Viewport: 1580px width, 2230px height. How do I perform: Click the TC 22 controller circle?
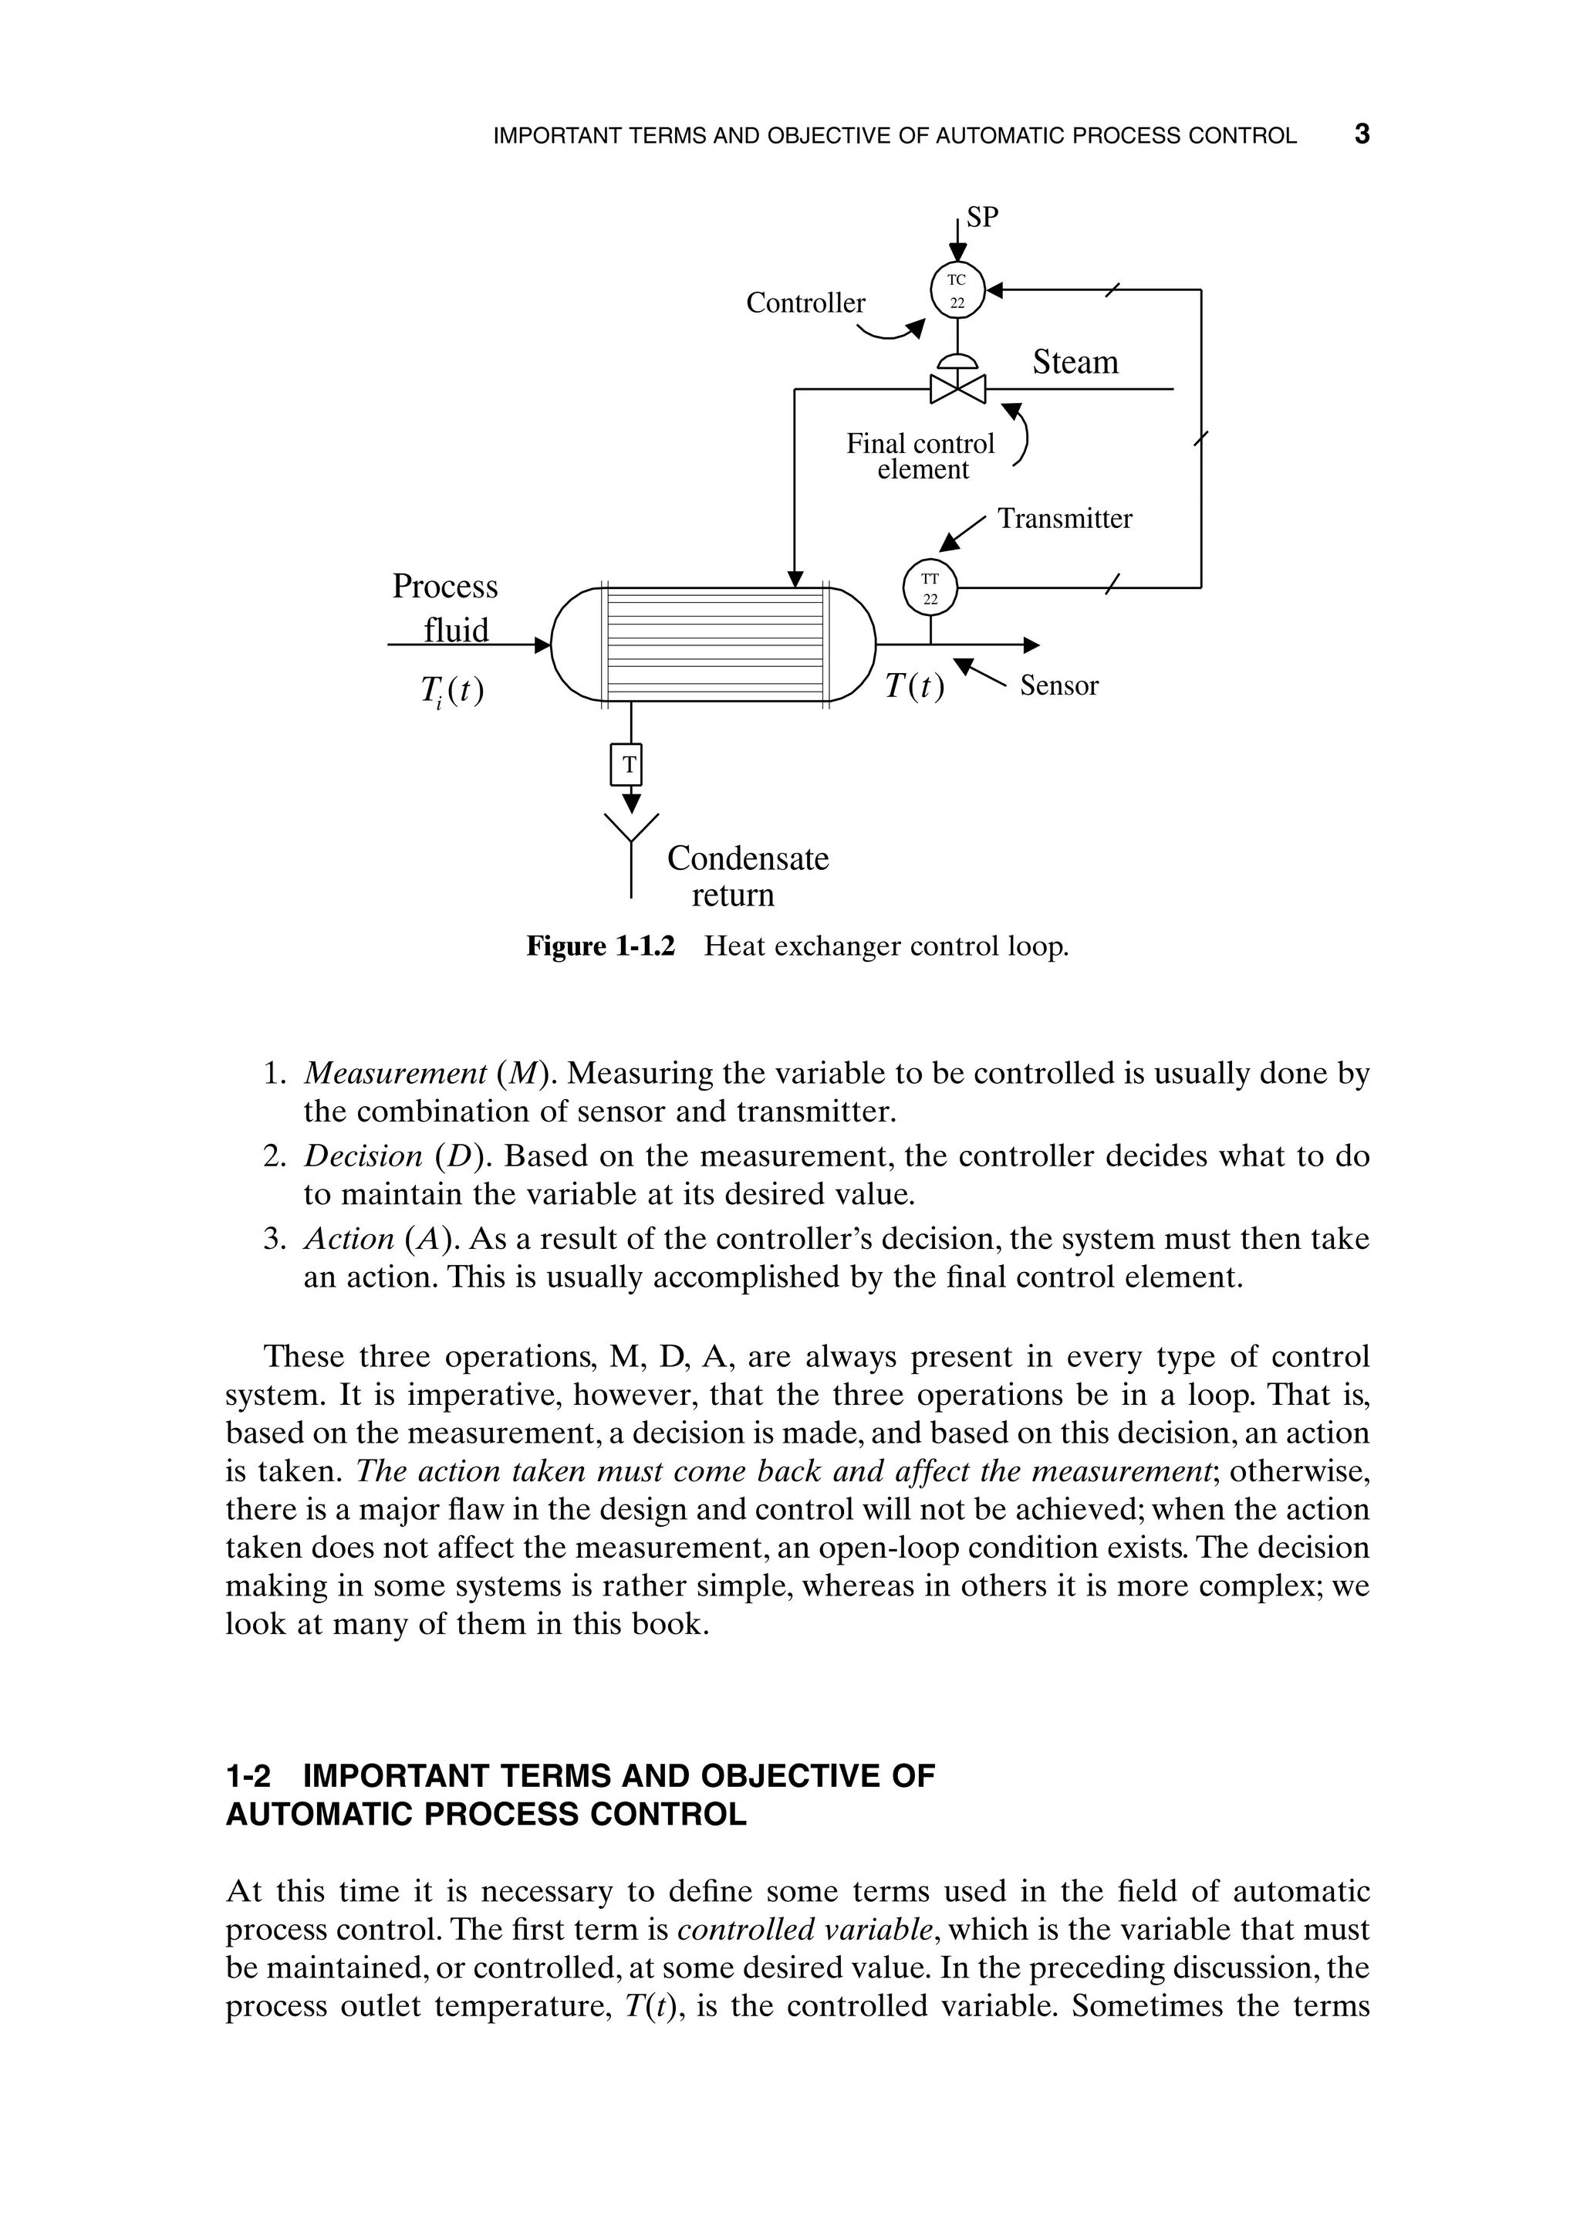[957, 290]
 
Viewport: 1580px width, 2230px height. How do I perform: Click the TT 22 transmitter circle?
[930, 588]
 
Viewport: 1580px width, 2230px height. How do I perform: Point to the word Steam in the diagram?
[1075, 362]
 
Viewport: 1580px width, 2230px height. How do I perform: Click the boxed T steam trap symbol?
[630, 764]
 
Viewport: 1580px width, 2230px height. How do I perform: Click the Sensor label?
[1058, 685]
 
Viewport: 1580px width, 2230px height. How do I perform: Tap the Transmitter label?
[1065, 519]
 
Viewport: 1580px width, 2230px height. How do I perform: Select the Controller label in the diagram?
[805, 303]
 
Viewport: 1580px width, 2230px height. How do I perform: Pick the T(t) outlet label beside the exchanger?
[914, 687]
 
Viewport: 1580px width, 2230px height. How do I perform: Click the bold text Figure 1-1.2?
[600, 946]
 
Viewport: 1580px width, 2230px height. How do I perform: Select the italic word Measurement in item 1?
[395, 1073]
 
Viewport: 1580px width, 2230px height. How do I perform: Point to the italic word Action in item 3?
[348, 1238]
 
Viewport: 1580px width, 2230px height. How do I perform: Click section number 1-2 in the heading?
[248, 1775]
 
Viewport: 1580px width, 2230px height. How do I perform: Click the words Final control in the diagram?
[920, 444]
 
